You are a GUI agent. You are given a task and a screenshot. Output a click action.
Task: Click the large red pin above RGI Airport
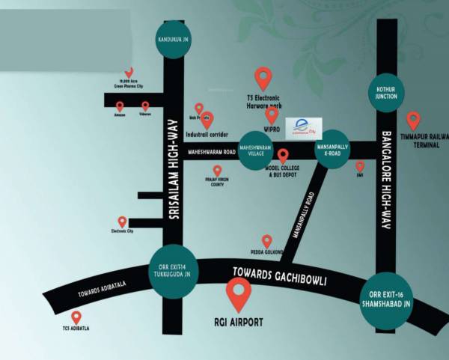[239, 293]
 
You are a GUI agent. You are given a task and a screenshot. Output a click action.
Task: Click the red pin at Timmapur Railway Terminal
[413, 120]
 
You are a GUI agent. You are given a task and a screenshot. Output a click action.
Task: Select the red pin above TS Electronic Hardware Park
[263, 77]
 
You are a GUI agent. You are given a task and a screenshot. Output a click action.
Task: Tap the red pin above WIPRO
[272, 115]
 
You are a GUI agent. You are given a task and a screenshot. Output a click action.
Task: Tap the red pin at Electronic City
[122, 222]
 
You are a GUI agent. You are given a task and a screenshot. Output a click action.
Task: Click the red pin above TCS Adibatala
[76, 317]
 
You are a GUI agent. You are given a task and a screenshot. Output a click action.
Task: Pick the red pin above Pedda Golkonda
[266, 241]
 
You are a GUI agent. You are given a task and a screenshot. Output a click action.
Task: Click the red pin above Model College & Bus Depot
[283, 156]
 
